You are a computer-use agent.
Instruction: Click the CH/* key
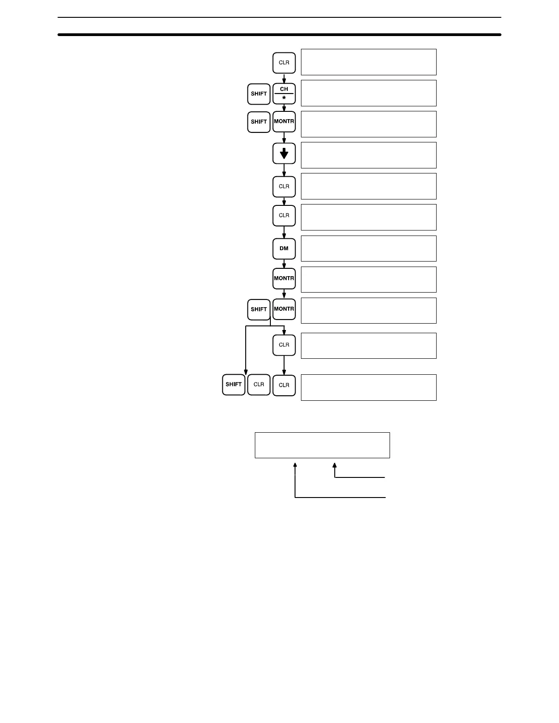pyautogui.click(x=284, y=94)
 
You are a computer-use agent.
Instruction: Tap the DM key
pyautogui.click(x=284, y=249)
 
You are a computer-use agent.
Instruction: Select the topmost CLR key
pyautogui.click(x=284, y=63)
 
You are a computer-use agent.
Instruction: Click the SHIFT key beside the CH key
pyautogui.click(x=259, y=94)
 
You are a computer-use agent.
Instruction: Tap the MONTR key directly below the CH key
pyautogui.click(x=284, y=122)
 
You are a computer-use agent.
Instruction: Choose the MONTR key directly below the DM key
pyautogui.click(x=284, y=278)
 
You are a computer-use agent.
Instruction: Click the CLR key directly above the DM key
pyautogui.click(x=284, y=215)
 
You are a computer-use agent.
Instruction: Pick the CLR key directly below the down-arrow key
pyautogui.click(x=284, y=186)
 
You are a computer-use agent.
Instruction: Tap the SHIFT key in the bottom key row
pyautogui.click(x=234, y=384)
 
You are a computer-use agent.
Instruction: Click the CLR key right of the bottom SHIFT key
pyautogui.click(x=259, y=384)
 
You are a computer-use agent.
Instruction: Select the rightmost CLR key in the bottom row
pyautogui.click(x=284, y=385)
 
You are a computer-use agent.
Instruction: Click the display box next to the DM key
pyautogui.click(x=369, y=248)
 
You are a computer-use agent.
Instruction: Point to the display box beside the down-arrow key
pyautogui.click(x=369, y=155)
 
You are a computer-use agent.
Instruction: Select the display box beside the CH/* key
pyautogui.click(x=369, y=93)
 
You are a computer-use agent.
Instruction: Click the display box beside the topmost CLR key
pyautogui.click(x=369, y=62)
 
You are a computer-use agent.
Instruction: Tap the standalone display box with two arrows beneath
pyautogui.click(x=322, y=445)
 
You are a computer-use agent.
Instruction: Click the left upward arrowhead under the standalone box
pyautogui.click(x=295, y=465)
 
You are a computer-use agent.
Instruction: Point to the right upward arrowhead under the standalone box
pyautogui.click(x=335, y=465)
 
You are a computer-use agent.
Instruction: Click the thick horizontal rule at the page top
pyautogui.click(x=279, y=35)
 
